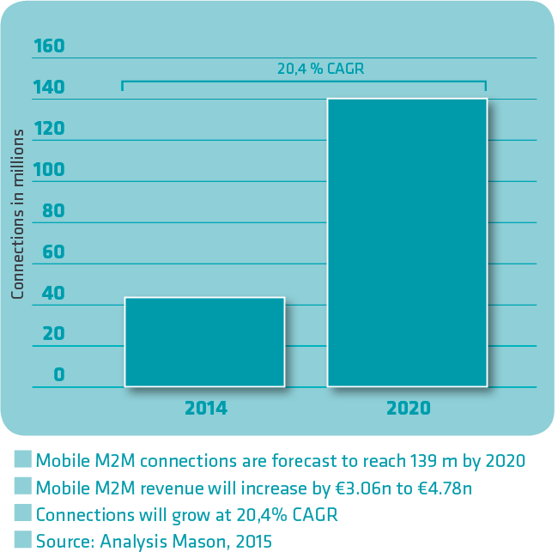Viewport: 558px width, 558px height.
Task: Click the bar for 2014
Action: [x=204, y=342]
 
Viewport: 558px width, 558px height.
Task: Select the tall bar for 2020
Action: [x=407, y=242]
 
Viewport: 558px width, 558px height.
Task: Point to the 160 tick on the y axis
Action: [x=49, y=45]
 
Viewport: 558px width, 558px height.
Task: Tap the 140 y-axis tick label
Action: [x=49, y=88]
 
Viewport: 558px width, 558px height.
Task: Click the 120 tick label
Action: [x=49, y=129]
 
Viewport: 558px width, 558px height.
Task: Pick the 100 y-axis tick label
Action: [x=49, y=170]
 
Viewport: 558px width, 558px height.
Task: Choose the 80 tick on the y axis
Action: [x=53, y=211]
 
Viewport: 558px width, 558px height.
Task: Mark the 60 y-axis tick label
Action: [x=53, y=252]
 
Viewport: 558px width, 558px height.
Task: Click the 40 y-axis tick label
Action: [x=53, y=294]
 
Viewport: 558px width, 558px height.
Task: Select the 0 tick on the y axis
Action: [x=58, y=374]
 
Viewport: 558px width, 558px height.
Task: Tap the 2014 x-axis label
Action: [x=206, y=408]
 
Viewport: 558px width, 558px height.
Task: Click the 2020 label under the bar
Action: [x=409, y=408]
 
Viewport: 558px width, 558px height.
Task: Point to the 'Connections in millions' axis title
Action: [x=18, y=214]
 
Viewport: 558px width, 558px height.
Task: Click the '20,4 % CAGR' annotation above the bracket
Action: [x=320, y=69]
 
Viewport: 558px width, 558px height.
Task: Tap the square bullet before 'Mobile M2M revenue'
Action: [x=23, y=488]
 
